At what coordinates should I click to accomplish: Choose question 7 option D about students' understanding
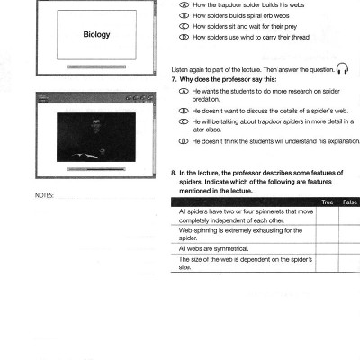(x=184, y=139)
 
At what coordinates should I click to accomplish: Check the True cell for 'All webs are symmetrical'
(x=327, y=247)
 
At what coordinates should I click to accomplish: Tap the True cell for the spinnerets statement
(x=327, y=216)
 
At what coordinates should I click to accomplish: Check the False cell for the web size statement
(x=351, y=263)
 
